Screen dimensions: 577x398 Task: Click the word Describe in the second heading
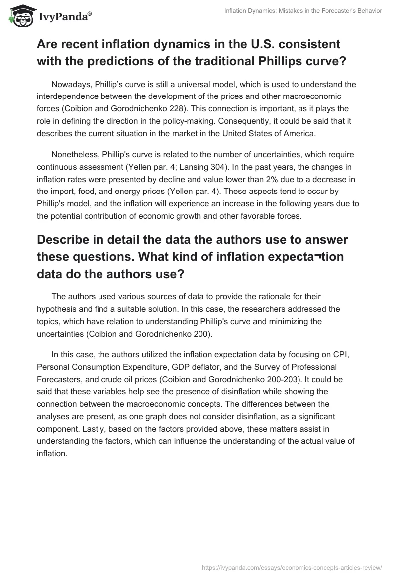tap(70, 239)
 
